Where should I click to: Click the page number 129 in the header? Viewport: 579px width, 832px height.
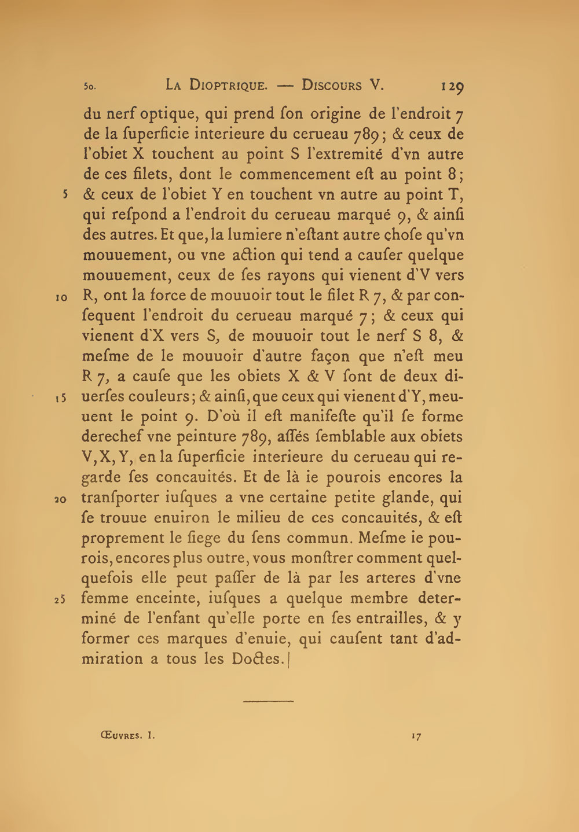coord(452,86)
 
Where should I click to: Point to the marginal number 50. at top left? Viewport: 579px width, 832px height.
coord(89,87)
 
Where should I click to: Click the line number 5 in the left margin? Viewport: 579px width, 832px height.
coord(66,194)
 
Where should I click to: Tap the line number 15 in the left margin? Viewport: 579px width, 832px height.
coord(62,398)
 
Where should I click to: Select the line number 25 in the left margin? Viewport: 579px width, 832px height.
coord(62,599)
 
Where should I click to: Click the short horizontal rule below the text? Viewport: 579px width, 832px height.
coord(269,702)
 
